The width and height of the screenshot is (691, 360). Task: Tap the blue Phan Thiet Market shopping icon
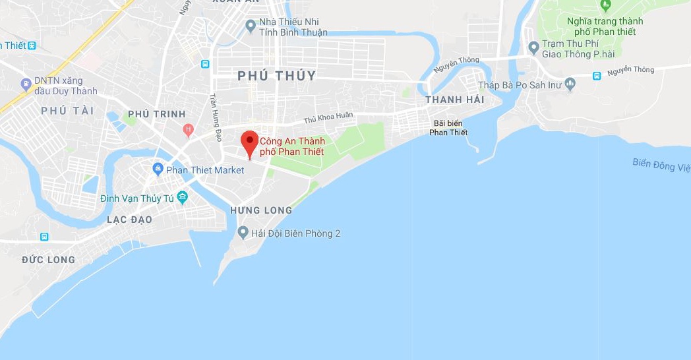coord(158,169)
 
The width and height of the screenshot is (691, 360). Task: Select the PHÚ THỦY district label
coord(277,76)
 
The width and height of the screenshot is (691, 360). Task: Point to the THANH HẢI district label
coord(454,100)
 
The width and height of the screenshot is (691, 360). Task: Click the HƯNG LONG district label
coord(261,210)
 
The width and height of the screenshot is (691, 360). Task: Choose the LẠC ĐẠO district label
coord(129,220)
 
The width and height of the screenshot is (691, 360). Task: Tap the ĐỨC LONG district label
coord(49,260)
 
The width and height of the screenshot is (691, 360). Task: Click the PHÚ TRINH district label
coord(157,114)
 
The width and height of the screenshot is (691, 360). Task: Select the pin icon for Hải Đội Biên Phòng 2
coord(243,233)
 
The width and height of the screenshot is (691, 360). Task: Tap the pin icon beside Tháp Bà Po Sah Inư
coord(570,84)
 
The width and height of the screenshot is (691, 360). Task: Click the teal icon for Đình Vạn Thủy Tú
coord(182,197)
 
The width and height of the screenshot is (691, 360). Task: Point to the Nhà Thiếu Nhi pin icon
coord(250,26)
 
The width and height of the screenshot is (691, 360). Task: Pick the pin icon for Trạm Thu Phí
coord(533,47)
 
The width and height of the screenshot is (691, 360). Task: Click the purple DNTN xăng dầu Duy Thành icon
coord(26,84)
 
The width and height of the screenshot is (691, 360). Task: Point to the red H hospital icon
coord(189,129)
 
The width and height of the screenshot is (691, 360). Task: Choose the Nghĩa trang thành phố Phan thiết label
coord(605,26)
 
